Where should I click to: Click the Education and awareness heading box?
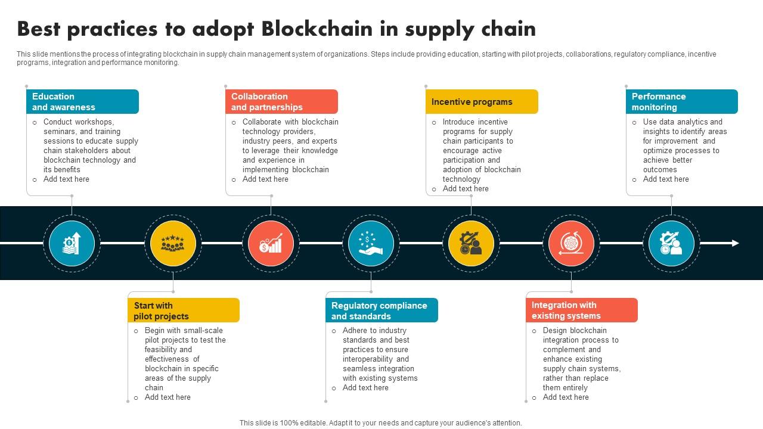pyautogui.click(x=82, y=101)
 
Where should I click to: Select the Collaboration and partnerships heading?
pyautogui.click(x=281, y=101)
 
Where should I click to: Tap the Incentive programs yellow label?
pyautogui.click(x=482, y=102)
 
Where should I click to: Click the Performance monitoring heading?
pyautogui.click(x=681, y=101)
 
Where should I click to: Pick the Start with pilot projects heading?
pyautogui.click(x=184, y=310)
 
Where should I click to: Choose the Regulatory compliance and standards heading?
pyautogui.click(x=381, y=310)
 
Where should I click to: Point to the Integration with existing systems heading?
pyautogui.click(x=582, y=310)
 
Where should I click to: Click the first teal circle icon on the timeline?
pyautogui.click(x=72, y=243)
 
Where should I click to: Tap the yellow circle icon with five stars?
pyautogui.click(x=173, y=243)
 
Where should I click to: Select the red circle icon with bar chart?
pyautogui.click(x=271, y=243)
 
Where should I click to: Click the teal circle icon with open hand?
pyautogui.click(x=371, y=243)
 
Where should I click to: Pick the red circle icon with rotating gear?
pyautogui.click(x=571, y=243)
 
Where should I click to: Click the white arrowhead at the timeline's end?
pyautogui.click(x=735, y=243)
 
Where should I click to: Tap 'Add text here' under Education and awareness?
pyautogui.click(x=66, y=179)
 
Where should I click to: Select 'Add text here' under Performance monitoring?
pyautogui.click(x=666, y=179)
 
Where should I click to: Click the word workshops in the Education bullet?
pyautogui.click(x=94, y=122)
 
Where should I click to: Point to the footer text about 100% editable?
pyautogui.click(x=380, y=423)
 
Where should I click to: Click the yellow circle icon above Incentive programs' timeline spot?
pyautogui.click(x=471, y=243)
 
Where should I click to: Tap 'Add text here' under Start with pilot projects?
pyautogui.click(x=168, y=397)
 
